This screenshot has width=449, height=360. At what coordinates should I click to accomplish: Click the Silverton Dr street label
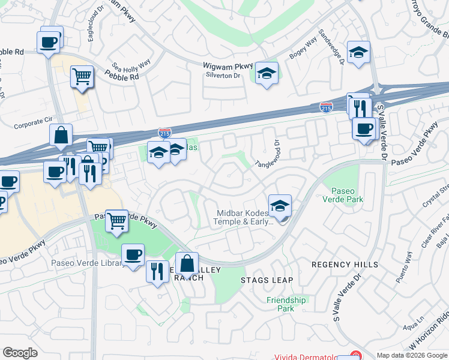223,76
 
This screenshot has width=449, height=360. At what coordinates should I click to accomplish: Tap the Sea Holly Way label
131,66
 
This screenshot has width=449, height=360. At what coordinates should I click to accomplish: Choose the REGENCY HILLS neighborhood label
345,265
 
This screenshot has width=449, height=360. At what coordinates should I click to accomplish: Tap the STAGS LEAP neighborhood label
267,280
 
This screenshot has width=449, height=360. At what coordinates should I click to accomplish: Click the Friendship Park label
286,304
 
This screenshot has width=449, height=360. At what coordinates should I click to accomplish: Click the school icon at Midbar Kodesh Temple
280,206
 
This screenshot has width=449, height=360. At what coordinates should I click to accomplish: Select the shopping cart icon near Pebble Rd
82,77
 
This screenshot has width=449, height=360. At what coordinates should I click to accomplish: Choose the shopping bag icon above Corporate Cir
61,135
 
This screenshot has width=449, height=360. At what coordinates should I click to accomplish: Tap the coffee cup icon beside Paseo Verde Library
133,255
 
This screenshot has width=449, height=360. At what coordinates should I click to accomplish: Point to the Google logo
20,353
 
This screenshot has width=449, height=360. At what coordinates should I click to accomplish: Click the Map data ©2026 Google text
412,355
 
